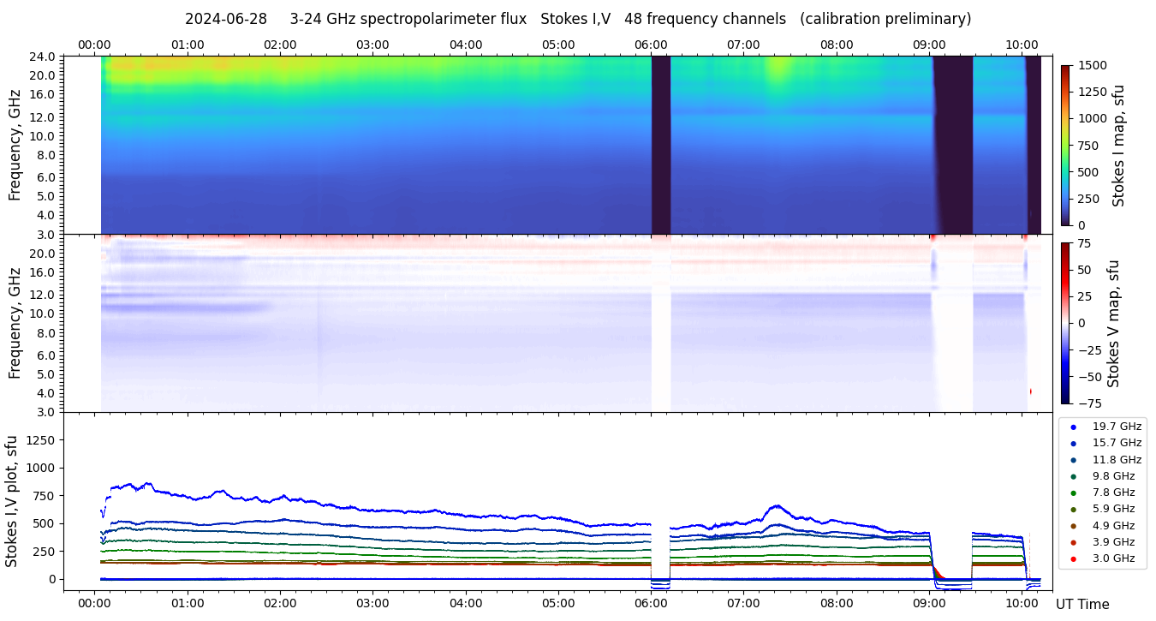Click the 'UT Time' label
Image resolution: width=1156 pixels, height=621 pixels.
tap(1082, 605)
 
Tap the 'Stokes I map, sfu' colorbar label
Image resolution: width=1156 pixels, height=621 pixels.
tap(1118, 146)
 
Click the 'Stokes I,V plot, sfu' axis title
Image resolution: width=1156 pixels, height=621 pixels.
tap(12, 501)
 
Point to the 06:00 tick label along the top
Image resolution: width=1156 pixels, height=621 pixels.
tap(651, 45)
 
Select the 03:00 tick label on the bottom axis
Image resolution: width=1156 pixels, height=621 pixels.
tap(372, 603)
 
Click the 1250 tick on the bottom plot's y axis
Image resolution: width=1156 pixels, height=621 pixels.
tap(40, 440)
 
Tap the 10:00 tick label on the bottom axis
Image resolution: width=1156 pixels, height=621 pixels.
tap(1022, 603)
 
